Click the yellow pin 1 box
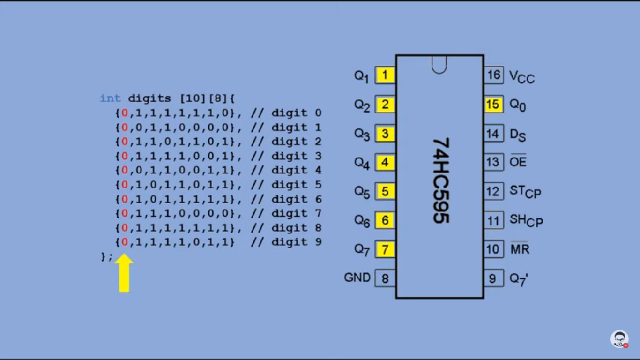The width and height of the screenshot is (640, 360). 385,75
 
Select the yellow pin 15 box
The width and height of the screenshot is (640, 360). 493,104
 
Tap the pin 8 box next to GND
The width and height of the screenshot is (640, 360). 385,278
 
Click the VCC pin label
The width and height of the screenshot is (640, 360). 521,76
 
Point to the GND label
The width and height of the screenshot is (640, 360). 357,278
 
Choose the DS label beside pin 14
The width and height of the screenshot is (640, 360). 518,135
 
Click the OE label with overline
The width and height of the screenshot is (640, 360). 518,162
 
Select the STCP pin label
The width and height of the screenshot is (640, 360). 525,192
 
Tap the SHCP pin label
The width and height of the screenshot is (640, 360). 526,220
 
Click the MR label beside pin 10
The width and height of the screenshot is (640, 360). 520,249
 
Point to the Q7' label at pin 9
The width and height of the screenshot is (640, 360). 519,279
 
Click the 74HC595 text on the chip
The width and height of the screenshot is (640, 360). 440,180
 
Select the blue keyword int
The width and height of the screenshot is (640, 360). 110,98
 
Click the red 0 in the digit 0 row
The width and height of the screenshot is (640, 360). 125,113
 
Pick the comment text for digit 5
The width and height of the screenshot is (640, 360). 286,185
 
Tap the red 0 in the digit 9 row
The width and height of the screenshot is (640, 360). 125,242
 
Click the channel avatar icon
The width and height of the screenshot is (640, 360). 619,339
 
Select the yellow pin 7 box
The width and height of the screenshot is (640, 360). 385,249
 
